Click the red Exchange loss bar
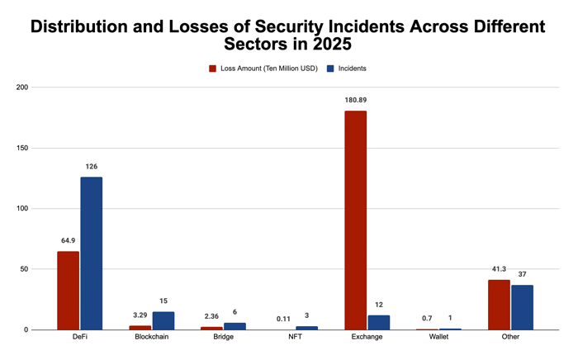click(x=355, y=220)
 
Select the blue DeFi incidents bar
click(x=92, y=253)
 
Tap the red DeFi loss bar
click(x=69, y=291)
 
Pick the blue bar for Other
click(x=522, y=307)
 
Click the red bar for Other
click(x=499, y=305)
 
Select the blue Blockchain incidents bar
click(x=163, y=321)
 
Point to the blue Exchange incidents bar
click(x=378, y=323)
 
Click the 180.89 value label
click(x=356, y=100)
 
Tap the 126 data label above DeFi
click(x=92, y=167)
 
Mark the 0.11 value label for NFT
click(x=283, y=319)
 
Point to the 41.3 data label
click(x=499, y=269)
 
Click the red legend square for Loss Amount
click(x=213, y=69)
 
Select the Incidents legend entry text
click(x=353, y=69)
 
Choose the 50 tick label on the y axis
click(x=24, y=269)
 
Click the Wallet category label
click(x=438, y=337)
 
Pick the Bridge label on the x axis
click(x=224, y=337)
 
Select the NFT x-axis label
click(x=296, y=337)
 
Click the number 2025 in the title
click(x=332, y=44)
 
